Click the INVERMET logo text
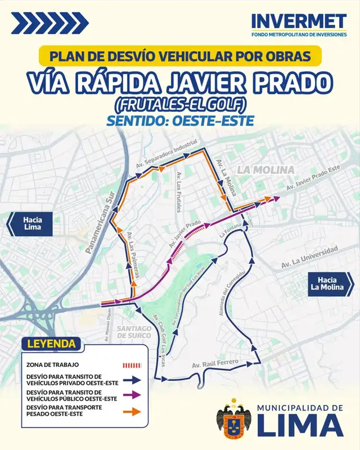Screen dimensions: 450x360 point(299,21)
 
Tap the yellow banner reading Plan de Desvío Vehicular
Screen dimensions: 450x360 point(179,56)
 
